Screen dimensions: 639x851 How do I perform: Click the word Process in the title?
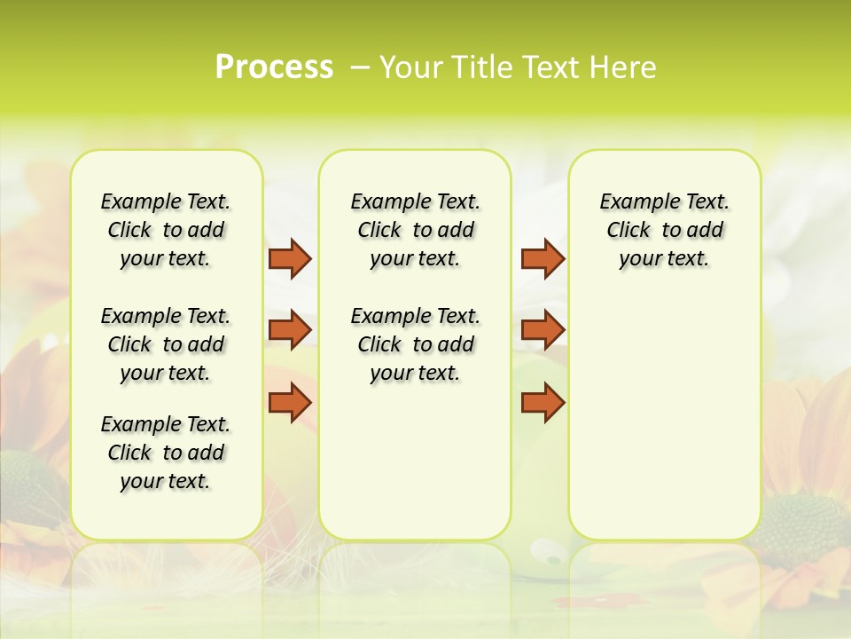click(274, 67)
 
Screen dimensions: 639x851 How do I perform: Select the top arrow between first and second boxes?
click(290, 258)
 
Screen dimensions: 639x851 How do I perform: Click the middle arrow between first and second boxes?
click(290, 329)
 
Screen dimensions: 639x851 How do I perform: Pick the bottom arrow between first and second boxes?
click(290, 402)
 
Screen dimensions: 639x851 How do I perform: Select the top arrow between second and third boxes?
click(543, 258)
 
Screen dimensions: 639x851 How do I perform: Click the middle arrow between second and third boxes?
click(543, 329)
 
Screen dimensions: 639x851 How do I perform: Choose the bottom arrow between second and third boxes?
click(543, 402)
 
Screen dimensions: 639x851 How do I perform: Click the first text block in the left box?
click(166, 230)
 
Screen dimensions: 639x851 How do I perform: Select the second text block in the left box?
click(166, 344)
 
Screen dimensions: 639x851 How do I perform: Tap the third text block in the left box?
click(166, 453)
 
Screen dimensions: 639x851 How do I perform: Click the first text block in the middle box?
click(415, 230)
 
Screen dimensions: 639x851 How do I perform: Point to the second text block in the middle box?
click(415, 344)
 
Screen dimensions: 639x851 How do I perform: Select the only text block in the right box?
click(664, 230)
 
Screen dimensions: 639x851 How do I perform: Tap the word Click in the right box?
click(628, 231)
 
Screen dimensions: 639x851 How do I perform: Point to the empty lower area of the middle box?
click(415, 461)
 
